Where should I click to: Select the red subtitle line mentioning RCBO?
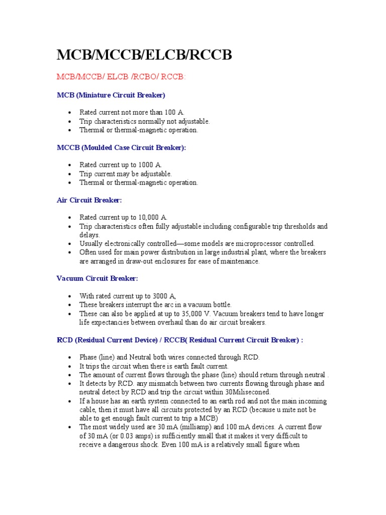click(x=121, y=77)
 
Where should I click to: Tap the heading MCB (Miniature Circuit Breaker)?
click(x=111, y=95)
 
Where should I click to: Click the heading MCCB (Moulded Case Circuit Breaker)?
click(x=121, y=147)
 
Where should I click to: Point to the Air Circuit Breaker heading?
click(x=89, y=200)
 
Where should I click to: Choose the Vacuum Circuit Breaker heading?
click(x=97, y=278)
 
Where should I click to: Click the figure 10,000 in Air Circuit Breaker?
click(x=149, y=217)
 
